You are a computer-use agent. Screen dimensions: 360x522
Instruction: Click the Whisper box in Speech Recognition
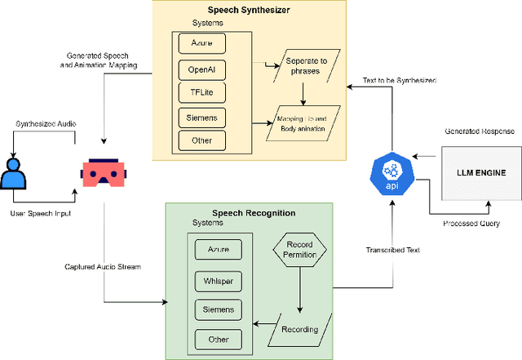tap(219, 280)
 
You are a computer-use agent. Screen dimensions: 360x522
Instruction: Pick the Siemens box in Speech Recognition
tap(219, 309)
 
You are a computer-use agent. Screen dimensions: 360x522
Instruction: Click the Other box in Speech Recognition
tap(219, 339)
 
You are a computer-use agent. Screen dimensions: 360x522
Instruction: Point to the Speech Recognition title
tap(249, 213)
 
